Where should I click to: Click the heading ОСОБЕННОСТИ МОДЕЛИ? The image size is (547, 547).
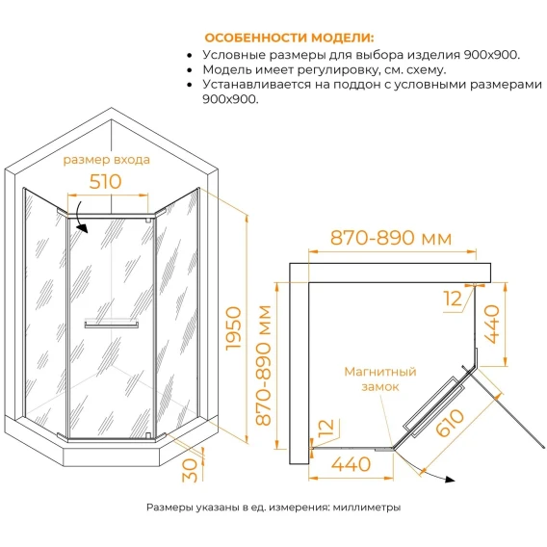pos(289,38)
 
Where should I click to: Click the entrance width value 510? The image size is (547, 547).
pos(105,181)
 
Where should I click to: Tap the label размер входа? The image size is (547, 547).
pos(106,160)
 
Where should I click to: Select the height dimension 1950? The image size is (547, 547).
pos(233,328)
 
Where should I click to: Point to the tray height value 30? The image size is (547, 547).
pos(190,470)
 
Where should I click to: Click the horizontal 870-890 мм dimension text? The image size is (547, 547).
pos(391,238)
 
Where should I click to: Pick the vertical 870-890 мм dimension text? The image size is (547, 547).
pos(263,366)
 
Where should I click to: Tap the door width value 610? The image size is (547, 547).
pos(450,423)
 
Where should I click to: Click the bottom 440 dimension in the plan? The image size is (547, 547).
pos(351,464)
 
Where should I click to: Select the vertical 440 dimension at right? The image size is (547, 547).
pos(492,325)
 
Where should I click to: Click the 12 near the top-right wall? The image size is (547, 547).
pos(453,300)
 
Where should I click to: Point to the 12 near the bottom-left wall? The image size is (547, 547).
pos(326,428)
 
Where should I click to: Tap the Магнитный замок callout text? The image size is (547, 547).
pos(380,379)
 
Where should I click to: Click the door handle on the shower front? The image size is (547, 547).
pos(112,325)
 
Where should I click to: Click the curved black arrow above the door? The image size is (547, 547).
pos(81,218)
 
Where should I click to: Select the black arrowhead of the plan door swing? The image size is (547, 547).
pos(450,480)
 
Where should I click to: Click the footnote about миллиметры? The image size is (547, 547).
pos(273,508)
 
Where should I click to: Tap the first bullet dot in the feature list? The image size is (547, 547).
pos(190,56)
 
